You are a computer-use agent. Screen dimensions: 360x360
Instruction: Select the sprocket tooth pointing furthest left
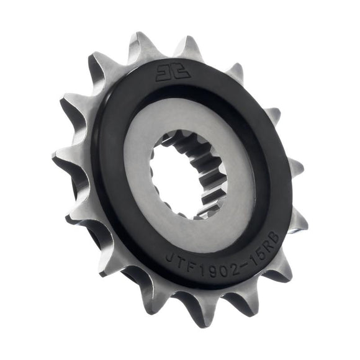[60, 161]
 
